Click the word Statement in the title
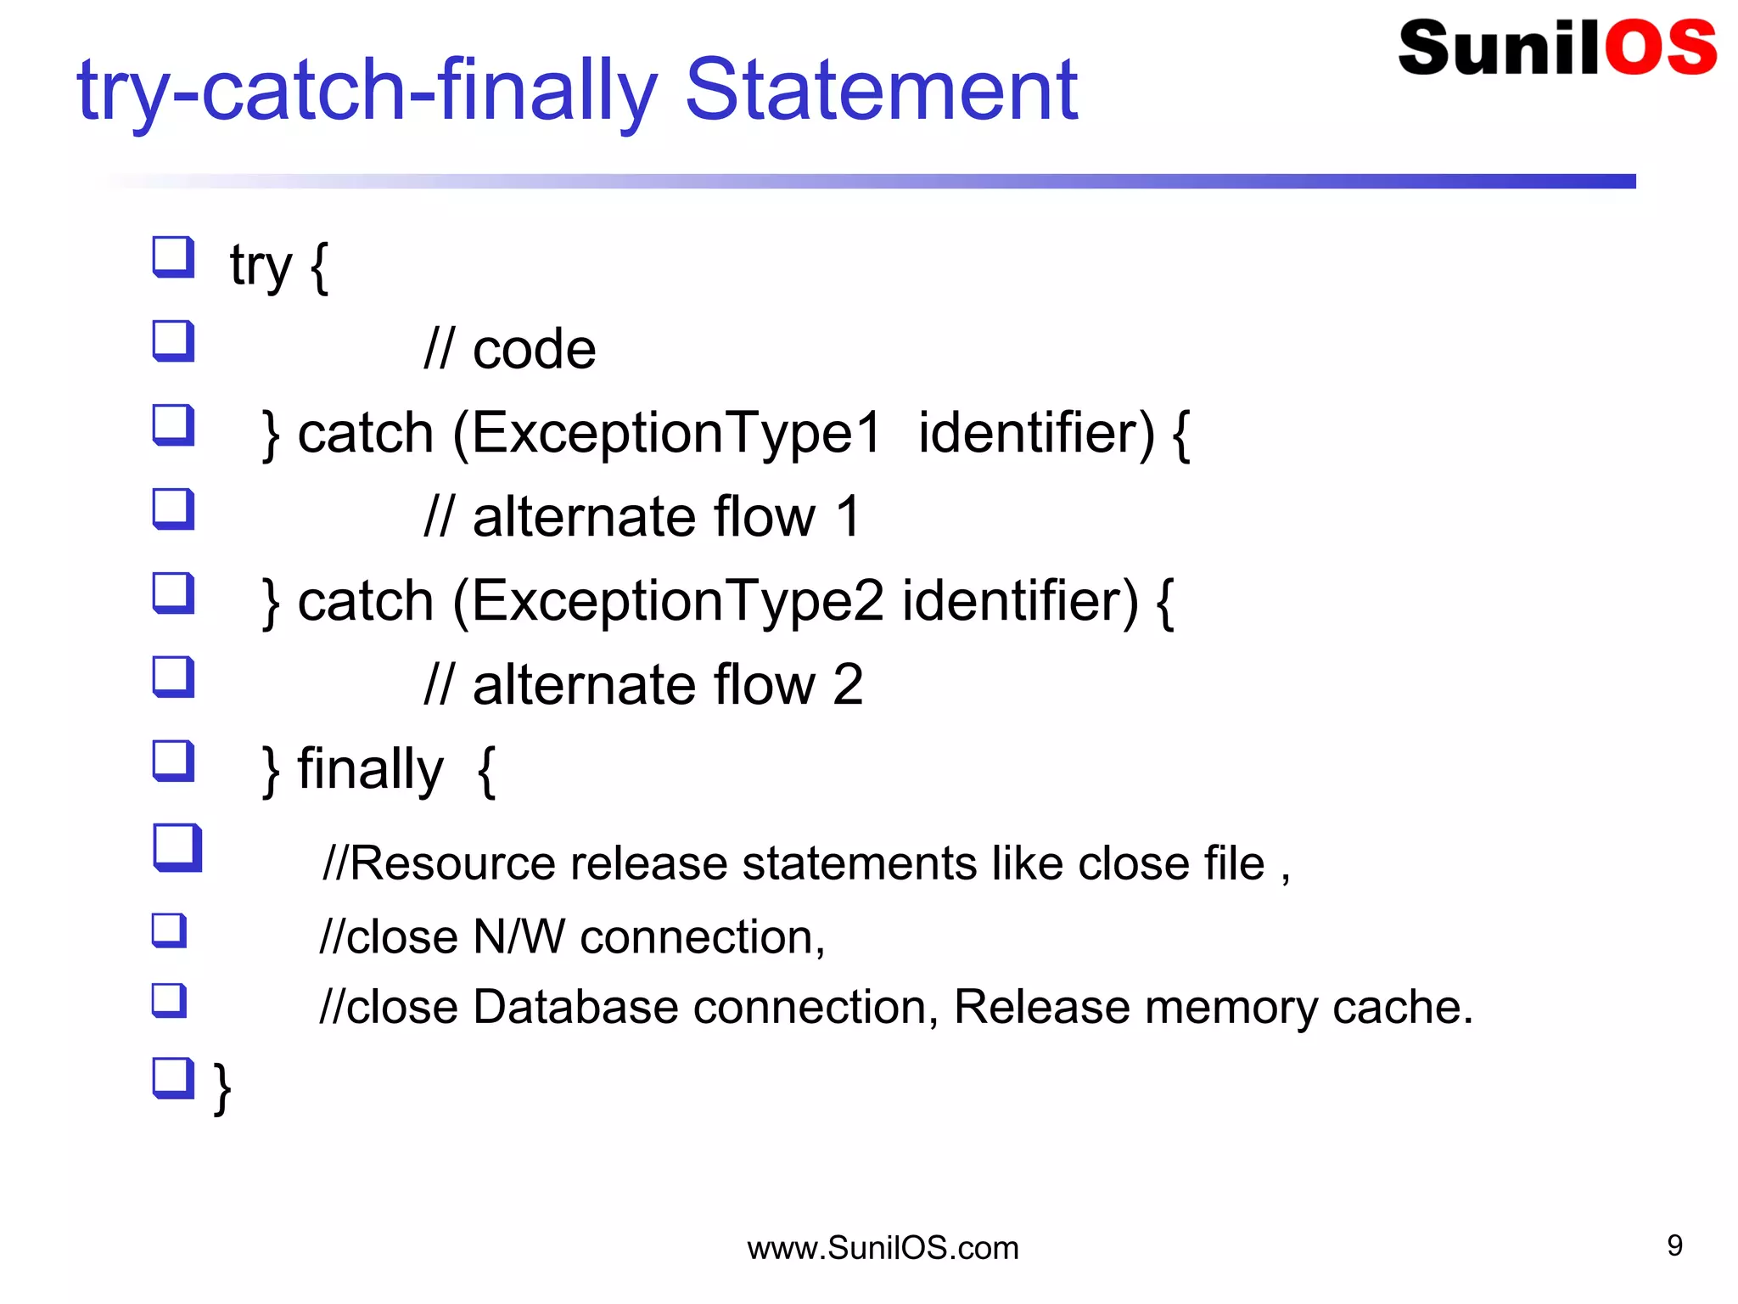pos(880,90)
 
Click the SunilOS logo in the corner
pos(1556,48)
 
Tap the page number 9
pos(1674,1245)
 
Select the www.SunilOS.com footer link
pos(883,1248)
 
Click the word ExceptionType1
pos(676,433)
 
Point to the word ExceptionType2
pos(676,601)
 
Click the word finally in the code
pos(370,769)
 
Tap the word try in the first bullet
pos(261,267)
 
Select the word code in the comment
pos(534,350)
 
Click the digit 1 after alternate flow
pos(847,517)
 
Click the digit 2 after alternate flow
pos(848,685)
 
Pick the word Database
pos(575,1008)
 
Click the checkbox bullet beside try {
pos(173,256)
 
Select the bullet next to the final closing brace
pos(173,1077)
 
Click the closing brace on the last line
pos(222,1088)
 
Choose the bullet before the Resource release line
pos(177,846)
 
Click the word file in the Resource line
pos(1233,864)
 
